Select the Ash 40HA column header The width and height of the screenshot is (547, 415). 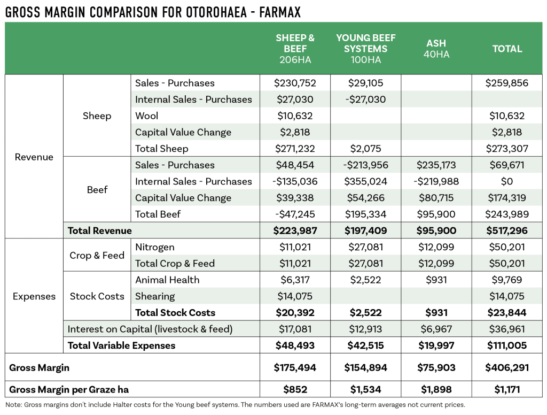pos(436,49)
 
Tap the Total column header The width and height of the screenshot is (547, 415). pos(507,49)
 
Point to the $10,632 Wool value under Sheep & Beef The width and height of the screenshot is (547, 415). pos(295,116)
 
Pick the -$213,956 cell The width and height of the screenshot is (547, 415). pos(365,165)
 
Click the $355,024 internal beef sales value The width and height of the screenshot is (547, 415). pos(365,182)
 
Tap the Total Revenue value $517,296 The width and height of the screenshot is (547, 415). pos(507,231)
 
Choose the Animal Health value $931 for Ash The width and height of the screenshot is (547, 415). pos(436,280)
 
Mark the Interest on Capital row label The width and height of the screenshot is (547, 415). pos(150,329)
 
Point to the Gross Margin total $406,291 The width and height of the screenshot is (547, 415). pos(507,368)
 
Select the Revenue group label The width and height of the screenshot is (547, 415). pos(34,157)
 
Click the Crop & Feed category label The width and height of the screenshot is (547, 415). pos(97,256)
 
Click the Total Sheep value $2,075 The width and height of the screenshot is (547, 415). pos(365,149)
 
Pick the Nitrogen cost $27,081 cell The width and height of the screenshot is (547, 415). pos(365,247)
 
